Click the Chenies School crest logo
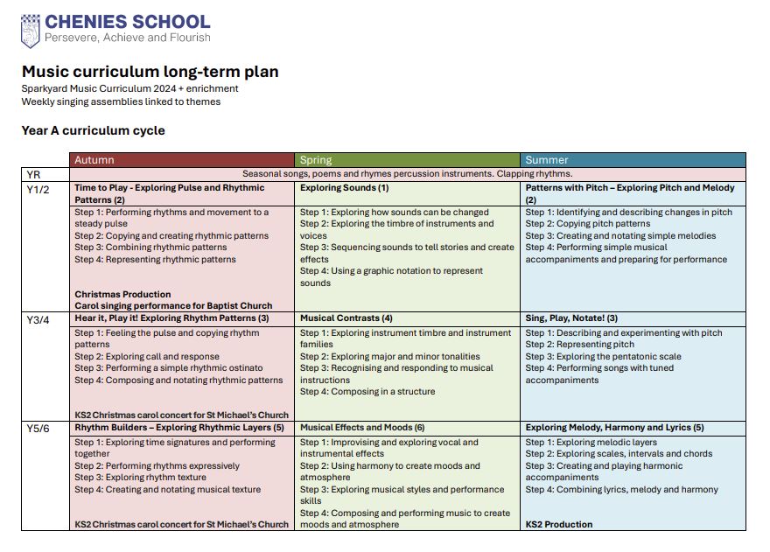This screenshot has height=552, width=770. click(x=31, y=30)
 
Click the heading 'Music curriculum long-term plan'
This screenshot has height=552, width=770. click(x=150, y=72)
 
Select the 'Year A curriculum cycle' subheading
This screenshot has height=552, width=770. click(x=93, y=130)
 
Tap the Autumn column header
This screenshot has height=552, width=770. click(x=94, y=160)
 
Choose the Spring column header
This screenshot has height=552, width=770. click(x=316, y=160)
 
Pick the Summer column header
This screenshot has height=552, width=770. click(x=547, y=160)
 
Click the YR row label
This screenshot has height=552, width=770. click(x=34, y=174)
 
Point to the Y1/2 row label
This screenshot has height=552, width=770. click(x=38, y=188)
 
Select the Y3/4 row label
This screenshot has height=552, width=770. click(x=38, y=319)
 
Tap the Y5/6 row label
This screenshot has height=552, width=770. click(x=38, y=429)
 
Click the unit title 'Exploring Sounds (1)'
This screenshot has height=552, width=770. click(x=344, y=188)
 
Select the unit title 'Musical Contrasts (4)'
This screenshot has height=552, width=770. click(x=346, y=318)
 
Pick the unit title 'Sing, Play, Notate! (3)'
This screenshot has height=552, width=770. click(x=571, y=318)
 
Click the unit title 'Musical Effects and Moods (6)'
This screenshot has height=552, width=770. click(x=361, y=428)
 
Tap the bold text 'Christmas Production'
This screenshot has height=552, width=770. click(x=122, y=295)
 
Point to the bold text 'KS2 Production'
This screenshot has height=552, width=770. click(x=558, y=525)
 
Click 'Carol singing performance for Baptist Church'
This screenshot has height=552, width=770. click(x=173, y=306)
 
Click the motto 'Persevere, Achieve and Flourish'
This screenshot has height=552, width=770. click(x=127, y=38)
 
